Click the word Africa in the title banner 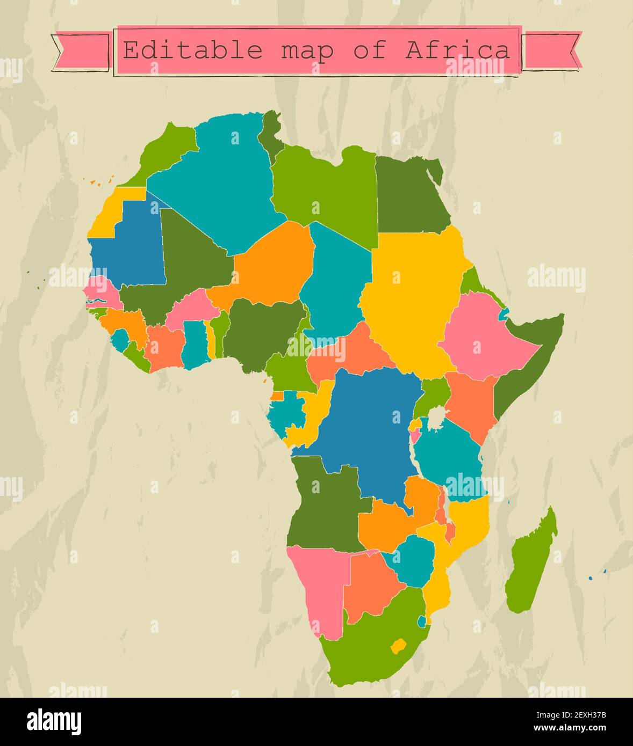pyautogui.click(x=457, y=50)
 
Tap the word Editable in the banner pyautogui.click(x=192, y=50)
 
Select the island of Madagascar pyautogui.click(x=532, y=564)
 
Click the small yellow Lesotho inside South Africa pyautogui.click(x=398, y=646)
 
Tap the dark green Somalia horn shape pyautogui.click(x=529, y=360)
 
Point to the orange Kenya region pyautogui.click(x=470, y=403)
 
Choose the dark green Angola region pyautogui.click(x=322, y=504)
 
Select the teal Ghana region pyautogui.click(x=193, y=343)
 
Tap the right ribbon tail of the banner pyautogui.click(x=552, y=50)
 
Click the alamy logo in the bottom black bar pyautogui.click(x=54, y=721)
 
